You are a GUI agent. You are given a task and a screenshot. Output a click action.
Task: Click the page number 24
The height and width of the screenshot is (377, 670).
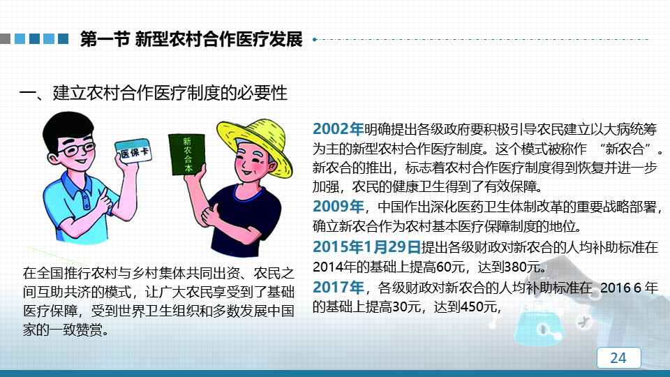(x=618, y=357)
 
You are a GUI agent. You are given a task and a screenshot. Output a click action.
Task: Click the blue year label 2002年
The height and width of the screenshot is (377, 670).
(x=338, y=128)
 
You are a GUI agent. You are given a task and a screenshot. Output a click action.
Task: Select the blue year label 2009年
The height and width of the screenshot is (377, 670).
(x=338, y=207)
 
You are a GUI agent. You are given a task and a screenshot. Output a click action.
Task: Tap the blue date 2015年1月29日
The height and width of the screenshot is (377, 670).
(x=366, y=246)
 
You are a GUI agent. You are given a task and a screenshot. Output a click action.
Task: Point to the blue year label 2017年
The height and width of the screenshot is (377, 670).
(x=338, y=287)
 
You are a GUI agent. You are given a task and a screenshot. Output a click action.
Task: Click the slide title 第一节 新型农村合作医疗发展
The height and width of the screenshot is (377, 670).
(x=191, y=39)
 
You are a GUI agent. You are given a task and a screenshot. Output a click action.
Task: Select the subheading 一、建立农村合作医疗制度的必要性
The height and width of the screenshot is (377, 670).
(x=153, y=93)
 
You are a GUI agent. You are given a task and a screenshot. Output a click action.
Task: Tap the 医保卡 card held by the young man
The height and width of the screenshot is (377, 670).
(x=133, y=151)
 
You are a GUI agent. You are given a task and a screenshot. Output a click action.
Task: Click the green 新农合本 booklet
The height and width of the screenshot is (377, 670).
(x=187, y=154)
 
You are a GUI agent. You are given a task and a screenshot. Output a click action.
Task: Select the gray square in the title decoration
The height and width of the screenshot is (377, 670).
(x=5, y=39)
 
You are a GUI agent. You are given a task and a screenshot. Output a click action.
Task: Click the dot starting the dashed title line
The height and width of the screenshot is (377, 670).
(x=315, y=39)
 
